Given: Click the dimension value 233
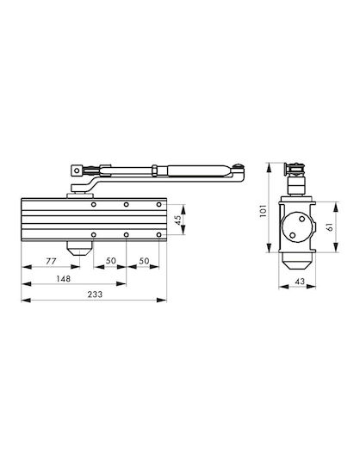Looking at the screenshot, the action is (95, 294).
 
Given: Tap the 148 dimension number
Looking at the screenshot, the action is (64, 279).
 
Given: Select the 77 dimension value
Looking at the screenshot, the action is (51, 261).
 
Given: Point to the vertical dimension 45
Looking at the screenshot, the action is (178, 220).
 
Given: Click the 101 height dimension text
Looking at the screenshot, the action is (264, 211).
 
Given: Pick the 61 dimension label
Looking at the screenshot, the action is (330, 227).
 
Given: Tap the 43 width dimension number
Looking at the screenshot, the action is (300, 281).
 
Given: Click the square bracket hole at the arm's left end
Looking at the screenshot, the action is (77, 170).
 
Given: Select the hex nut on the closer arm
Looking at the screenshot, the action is (155, 170).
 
